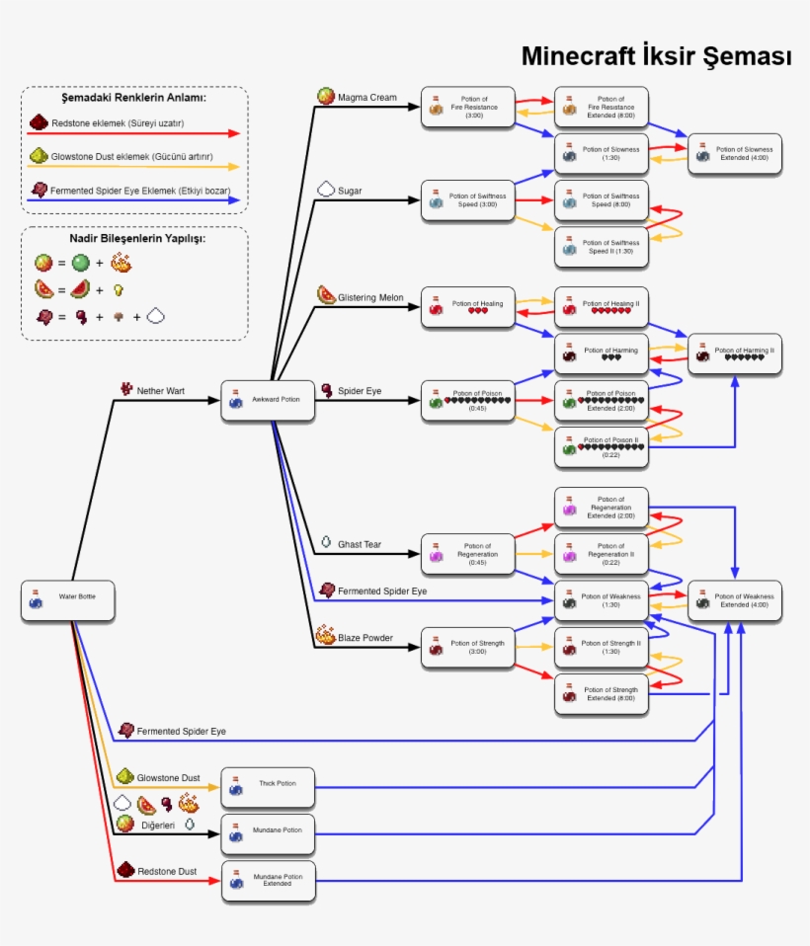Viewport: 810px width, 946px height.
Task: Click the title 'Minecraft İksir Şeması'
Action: point(656,56)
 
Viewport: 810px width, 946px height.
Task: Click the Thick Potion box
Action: point(268,787)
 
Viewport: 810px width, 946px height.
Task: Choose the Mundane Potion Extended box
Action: point(268,880)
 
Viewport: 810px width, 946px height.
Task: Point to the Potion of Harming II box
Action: point(735,354)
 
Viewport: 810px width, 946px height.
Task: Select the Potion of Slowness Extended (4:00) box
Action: point(735,153)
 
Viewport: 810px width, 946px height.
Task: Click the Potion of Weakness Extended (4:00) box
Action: point(735,600)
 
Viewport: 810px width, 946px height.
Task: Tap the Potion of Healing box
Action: point(468,307)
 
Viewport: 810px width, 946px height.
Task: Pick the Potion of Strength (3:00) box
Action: point(468,647)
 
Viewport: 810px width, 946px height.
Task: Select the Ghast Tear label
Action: point(360,544)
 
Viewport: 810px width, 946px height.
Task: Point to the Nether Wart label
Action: point(160,391)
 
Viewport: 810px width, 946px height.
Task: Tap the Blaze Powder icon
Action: point(325,635)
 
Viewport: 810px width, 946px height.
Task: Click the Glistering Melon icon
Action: point(326,295)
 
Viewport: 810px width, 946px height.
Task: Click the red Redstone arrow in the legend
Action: point(133,132)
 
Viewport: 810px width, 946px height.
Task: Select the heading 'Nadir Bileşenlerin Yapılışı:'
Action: point(133,238)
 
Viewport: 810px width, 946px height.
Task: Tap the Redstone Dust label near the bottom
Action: point(166,871)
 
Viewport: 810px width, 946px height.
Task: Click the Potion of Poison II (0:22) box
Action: point(602,446)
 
